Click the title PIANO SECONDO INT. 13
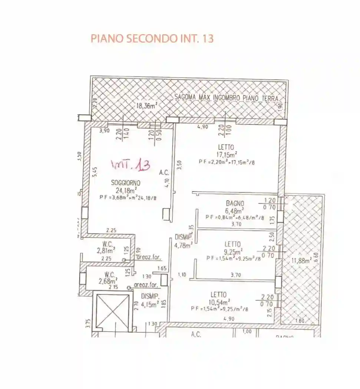152,39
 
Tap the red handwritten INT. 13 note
131,165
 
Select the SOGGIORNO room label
125,183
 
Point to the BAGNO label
235,203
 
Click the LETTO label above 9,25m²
232,245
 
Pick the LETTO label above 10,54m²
219,295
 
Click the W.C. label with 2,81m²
108,245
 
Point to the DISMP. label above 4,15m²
150,296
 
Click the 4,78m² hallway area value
183,245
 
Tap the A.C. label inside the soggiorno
164,172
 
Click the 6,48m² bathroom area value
235,210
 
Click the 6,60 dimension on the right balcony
316,256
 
